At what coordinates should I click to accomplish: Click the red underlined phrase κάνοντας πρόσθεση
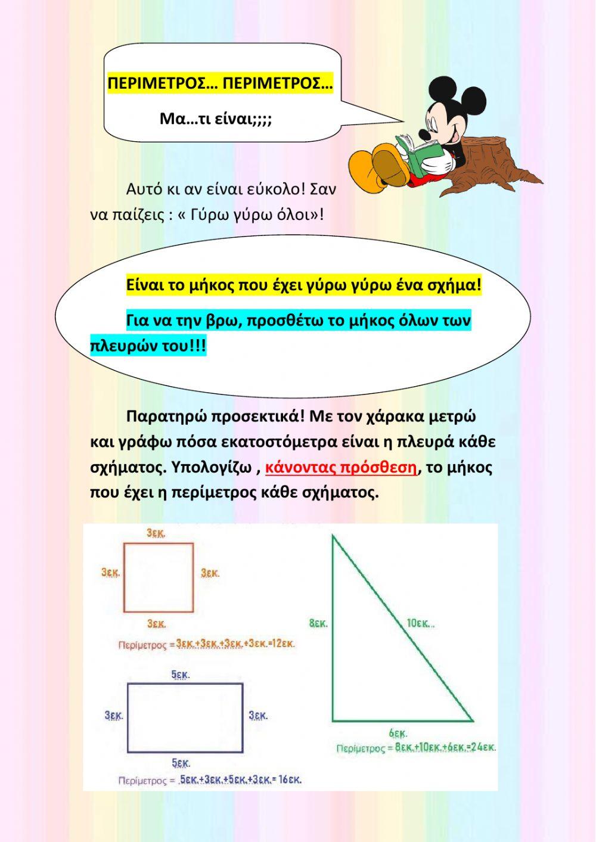(x=341, y=467)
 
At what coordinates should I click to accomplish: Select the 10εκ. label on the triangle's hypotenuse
(x=420, y=623)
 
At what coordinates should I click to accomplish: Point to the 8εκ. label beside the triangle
(x=318, y=624)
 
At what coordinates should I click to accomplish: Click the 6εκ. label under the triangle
(x=398, y=733)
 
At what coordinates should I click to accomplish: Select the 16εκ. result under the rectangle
(x=290, y=779)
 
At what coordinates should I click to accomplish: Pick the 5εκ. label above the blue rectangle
(x=181, y=675)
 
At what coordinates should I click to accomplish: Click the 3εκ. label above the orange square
(x=156, y=533)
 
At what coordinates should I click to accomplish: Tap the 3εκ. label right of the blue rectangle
(x=258, y=715)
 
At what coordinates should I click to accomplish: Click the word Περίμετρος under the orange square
(x=142, y=645)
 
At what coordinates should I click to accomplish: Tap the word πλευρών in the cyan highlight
(x=123, y=346)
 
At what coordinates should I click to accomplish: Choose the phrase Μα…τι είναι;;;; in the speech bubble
(x=216, y=119)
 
